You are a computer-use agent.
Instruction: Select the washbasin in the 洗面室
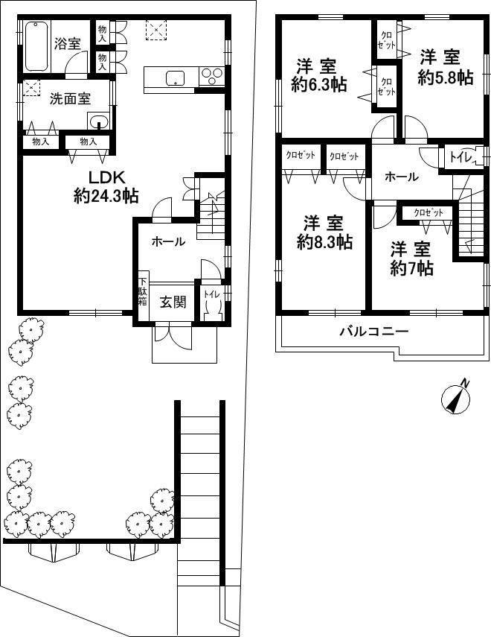(97, 121)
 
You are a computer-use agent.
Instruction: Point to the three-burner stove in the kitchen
(211, 77)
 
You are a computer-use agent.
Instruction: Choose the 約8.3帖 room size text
(324, 242)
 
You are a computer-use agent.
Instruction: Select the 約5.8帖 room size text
(446, 77)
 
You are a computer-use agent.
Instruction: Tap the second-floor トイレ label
(462, 157)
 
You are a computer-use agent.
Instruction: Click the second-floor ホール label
(402, 177)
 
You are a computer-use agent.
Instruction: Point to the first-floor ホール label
(168, 241)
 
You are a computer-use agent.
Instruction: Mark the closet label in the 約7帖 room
(429, 213)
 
